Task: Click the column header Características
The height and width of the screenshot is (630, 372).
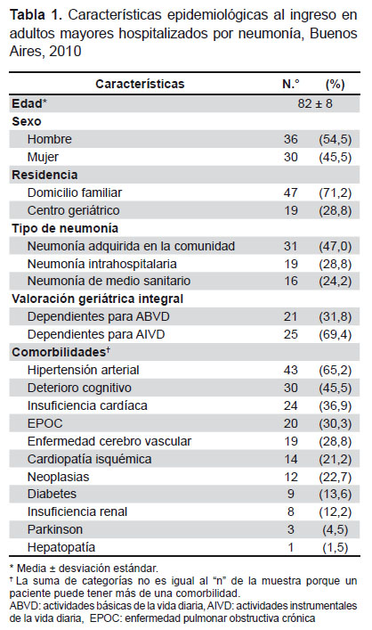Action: point(140,84)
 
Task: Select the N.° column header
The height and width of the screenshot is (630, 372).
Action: point(291,84)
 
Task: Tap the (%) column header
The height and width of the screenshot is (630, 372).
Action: point(336,84)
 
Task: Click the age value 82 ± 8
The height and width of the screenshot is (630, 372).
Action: point(315,103)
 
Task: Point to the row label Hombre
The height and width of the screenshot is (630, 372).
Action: point(49,139)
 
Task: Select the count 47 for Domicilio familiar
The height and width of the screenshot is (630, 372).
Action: point(290,192)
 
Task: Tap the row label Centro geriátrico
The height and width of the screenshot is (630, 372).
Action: point(74,210)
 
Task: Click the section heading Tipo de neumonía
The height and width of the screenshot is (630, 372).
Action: point(65,228)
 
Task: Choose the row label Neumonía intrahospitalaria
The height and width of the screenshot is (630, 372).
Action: point(102,264)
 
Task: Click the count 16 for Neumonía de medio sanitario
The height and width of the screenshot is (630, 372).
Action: point(290,281)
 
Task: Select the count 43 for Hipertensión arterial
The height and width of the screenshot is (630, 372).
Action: point(290,370)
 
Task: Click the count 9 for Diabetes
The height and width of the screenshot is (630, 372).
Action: point(290,494)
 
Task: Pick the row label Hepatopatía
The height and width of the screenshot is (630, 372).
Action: point(61,547)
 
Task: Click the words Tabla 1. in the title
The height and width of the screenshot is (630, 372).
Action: point(36,15)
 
